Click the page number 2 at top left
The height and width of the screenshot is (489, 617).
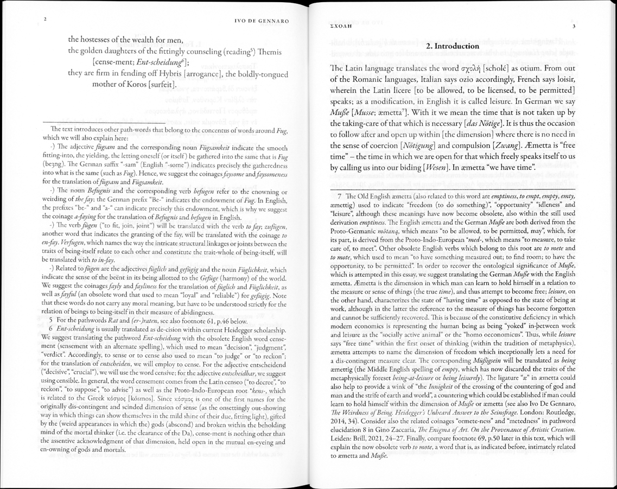[45, 20]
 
